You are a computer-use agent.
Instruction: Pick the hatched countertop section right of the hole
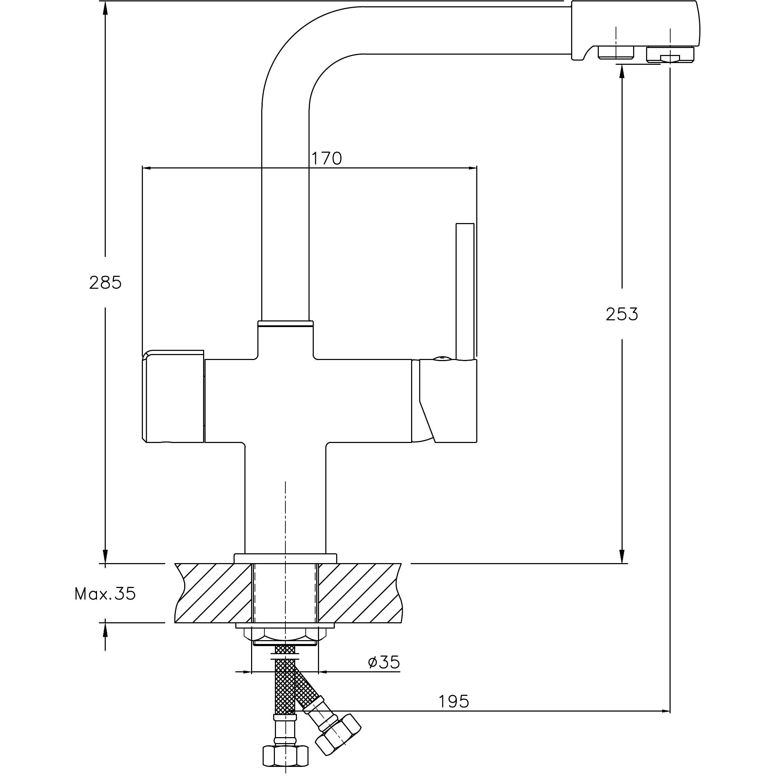click(x=360, y=593)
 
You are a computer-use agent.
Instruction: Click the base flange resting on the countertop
click(x=285, y=558)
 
